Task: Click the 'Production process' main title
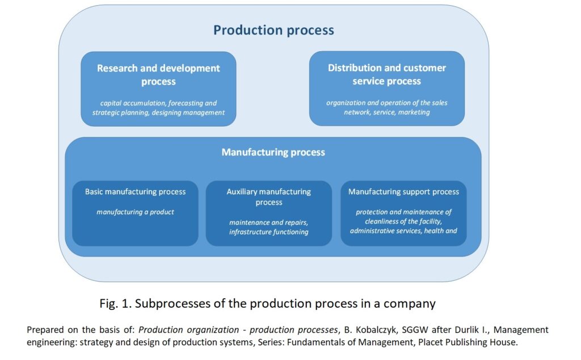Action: point(273,30)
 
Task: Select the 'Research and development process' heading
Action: point(158,74)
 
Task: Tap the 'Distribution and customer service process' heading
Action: point(387,74)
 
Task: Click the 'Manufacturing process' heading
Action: point(273,152)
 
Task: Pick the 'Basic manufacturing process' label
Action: point(135,192)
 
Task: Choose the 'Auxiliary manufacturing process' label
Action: point(268,197)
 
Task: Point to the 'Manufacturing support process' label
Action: point(403,192)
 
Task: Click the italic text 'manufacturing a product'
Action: point(135,212)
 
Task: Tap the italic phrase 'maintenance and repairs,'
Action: point(268,223)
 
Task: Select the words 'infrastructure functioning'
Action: point(268,232)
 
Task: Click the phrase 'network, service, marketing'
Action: point(387,112)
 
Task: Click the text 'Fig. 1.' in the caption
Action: point(116,304)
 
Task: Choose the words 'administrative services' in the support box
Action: point(385,231)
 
